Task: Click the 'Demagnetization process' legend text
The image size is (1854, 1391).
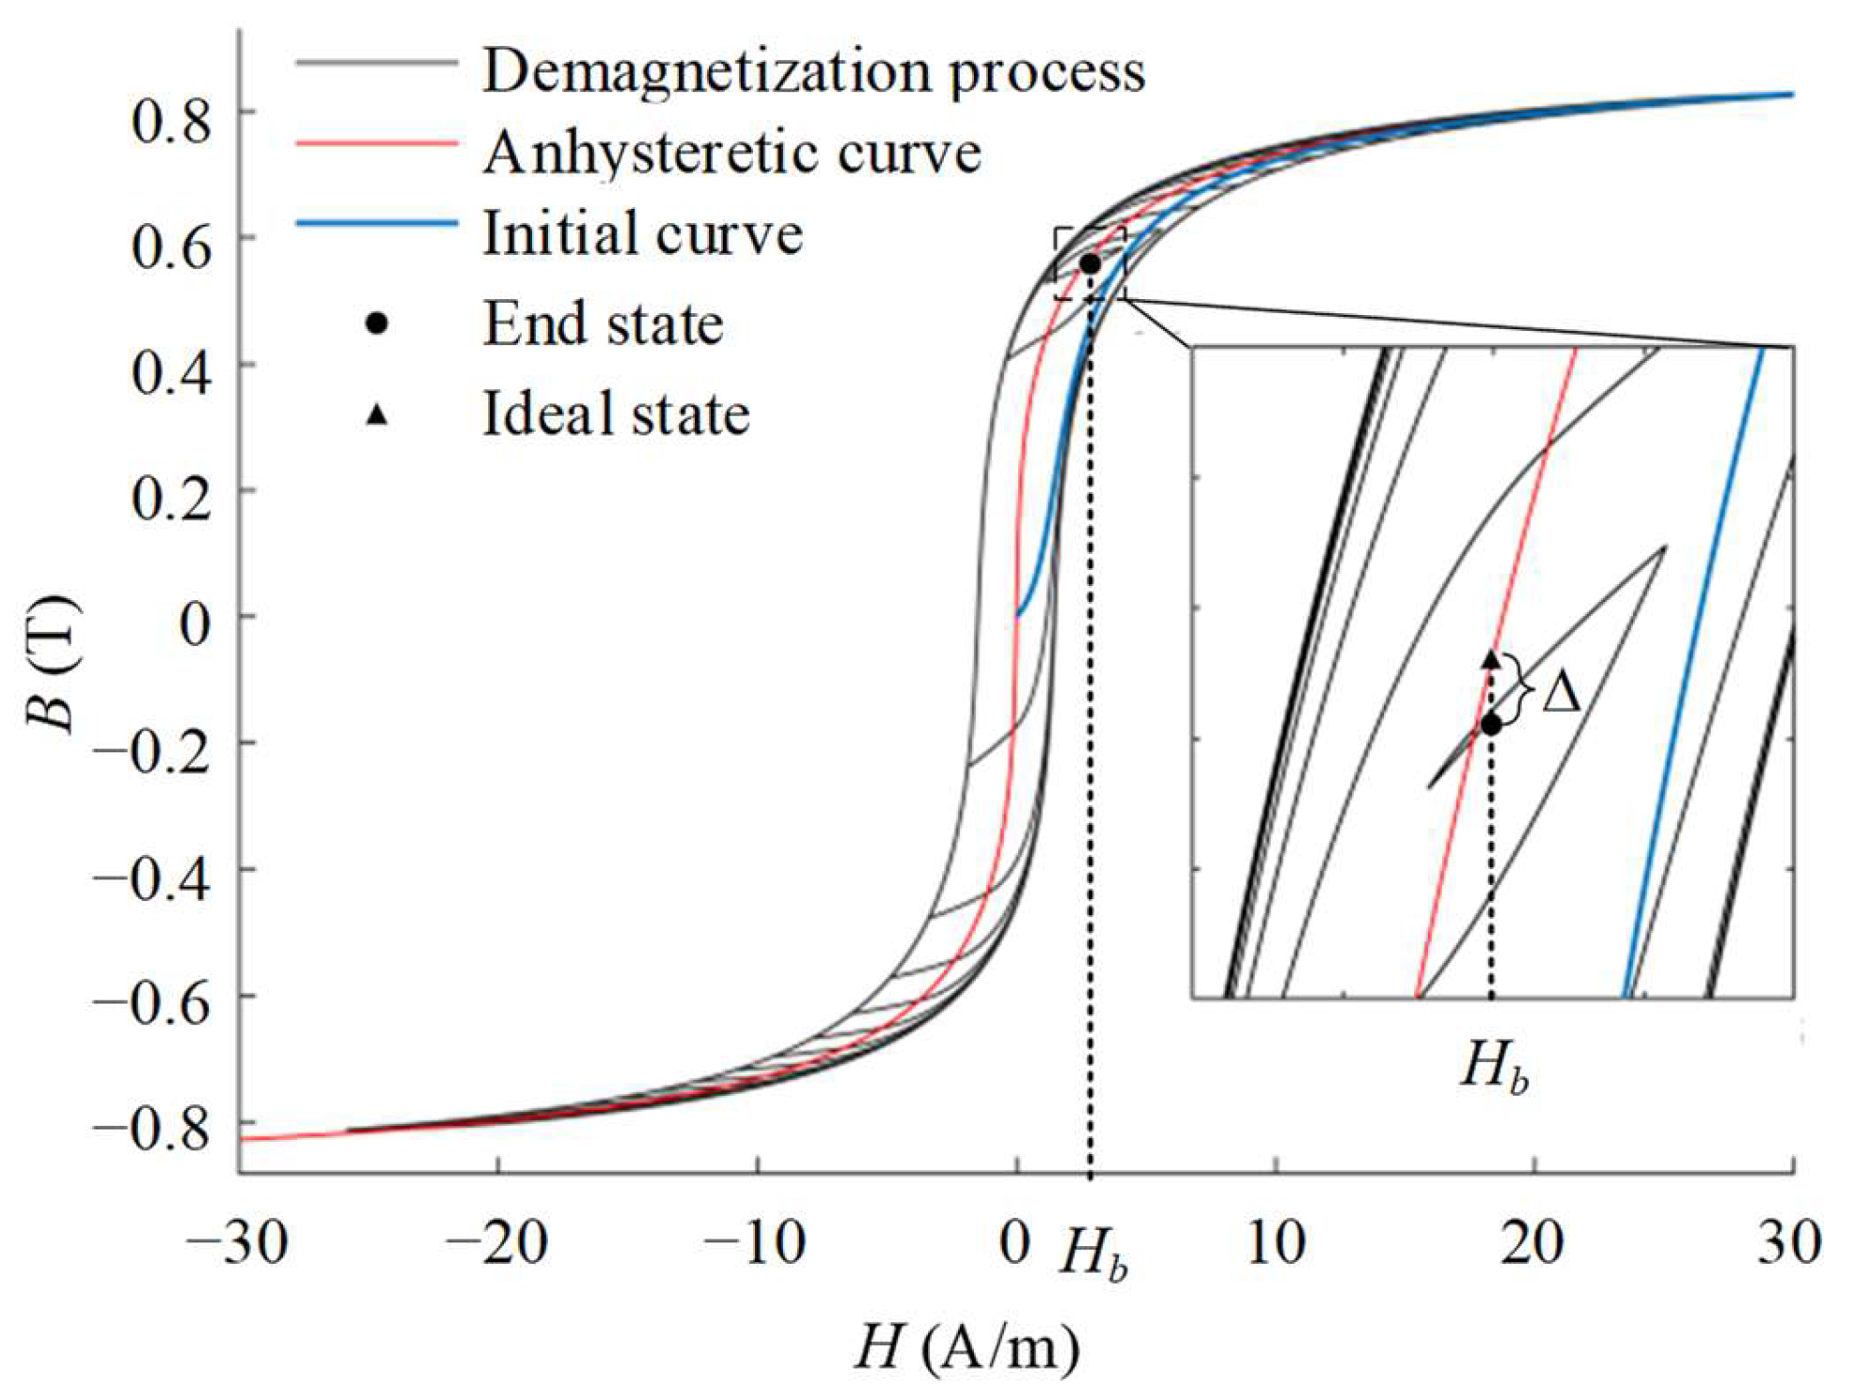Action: coord(813,71)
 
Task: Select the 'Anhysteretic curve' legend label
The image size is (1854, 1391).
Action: coord(732,152)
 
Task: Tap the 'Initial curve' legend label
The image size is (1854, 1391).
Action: coord(643,233)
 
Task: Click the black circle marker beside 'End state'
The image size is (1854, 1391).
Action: coord(376,324)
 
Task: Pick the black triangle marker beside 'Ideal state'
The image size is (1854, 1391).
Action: coord(376,414)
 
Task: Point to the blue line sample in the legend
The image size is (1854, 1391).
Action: coord(376,224)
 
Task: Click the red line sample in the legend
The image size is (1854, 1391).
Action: coord(376,143)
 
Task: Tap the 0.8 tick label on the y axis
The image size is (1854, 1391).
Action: coord(171,120)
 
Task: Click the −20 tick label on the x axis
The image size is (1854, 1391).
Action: coord(496,1243)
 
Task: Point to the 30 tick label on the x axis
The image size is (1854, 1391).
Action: coord(1789,1243)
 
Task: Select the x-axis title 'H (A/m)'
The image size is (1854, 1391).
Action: coord(968,1348)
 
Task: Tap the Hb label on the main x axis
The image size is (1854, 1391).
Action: coord(1092,1254)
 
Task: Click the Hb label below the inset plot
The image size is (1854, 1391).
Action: coord(1494,1067)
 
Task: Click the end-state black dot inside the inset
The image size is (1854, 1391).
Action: coord(1491,725)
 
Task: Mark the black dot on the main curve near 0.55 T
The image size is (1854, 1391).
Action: coord(1090,264)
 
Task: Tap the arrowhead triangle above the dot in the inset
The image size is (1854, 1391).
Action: coord(1491,658)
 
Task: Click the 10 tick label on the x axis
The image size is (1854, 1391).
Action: coord(1275,1243)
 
